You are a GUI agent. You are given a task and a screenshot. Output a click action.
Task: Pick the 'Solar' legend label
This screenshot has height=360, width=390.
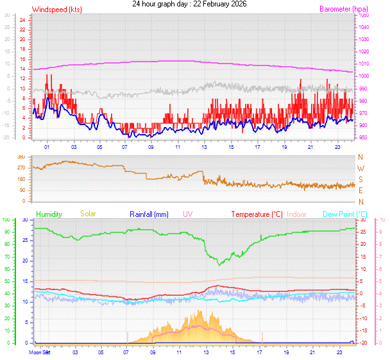click(x=88, y=214)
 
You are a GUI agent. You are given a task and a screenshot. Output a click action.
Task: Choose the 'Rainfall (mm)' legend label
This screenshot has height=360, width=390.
click(x=149, y=214)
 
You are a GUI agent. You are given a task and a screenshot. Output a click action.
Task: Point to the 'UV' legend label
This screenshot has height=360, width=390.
click(x=187, y=214)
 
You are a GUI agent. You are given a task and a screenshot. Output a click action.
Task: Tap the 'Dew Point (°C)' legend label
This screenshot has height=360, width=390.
click(x=344, y=214)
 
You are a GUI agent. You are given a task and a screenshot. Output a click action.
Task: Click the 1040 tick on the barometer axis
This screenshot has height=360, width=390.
click(x=364, y=27)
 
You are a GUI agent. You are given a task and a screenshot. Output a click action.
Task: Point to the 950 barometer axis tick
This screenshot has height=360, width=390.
click(x=363, y=137)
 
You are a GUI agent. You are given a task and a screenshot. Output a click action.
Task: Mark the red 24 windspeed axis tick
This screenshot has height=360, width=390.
click(x=22, y=21)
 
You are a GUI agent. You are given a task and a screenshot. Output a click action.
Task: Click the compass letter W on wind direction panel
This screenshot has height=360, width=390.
click(x=360, y=168)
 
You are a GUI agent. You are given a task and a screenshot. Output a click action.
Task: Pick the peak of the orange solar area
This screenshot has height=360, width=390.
click(x=201, y=311)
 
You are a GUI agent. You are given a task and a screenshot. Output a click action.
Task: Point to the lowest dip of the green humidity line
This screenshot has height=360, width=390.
click(x=219, y=264)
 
